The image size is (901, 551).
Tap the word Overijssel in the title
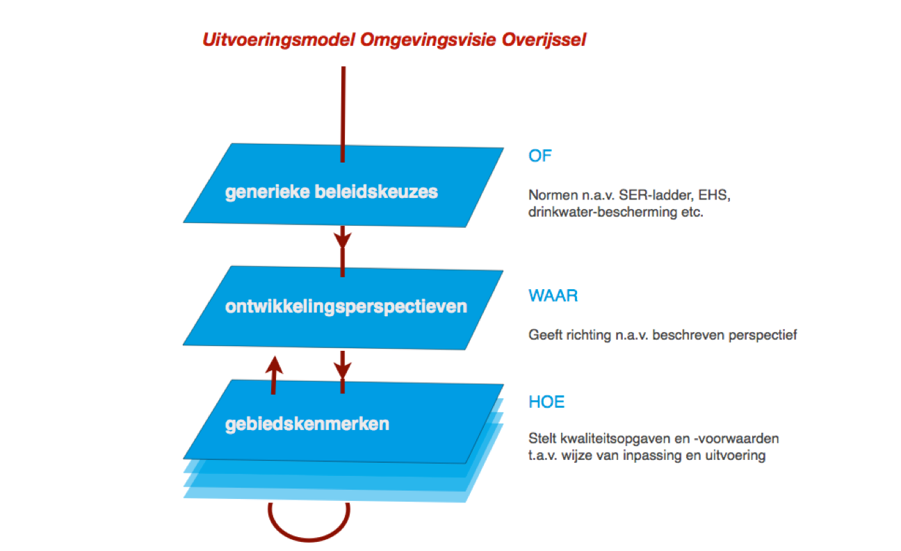[x=544, y=40]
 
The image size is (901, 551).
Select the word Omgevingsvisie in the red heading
[x=428, y=40]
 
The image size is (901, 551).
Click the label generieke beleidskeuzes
[x=332, y=192]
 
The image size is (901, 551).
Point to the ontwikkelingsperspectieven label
[x=346, y=307]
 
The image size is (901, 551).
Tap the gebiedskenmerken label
[x=307, y=425]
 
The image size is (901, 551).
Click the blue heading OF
[x=539, y=156]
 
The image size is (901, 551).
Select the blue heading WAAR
[x=553, y=296]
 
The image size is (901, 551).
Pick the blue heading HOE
[x=546, y=402]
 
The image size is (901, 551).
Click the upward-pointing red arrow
[x=274, y=375]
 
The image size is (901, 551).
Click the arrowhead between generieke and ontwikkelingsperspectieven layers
[x=342, y=240]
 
